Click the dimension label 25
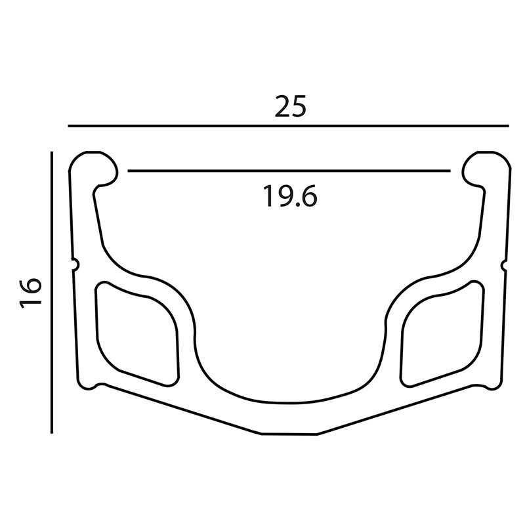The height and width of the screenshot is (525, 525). pyautogui.click(x=290, y=107)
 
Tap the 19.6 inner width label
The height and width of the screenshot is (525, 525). pyautogui.click(x=290, y=196)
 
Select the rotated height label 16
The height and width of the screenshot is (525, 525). pyautogui.click(x=30, y=293)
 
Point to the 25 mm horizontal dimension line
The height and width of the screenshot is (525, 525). pyautogui.click(x=288, y=126)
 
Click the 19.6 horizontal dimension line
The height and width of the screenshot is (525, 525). pyautogui.click(x=289, y=171)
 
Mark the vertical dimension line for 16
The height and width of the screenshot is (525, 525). pyautogui.click(x=52, y=292)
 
